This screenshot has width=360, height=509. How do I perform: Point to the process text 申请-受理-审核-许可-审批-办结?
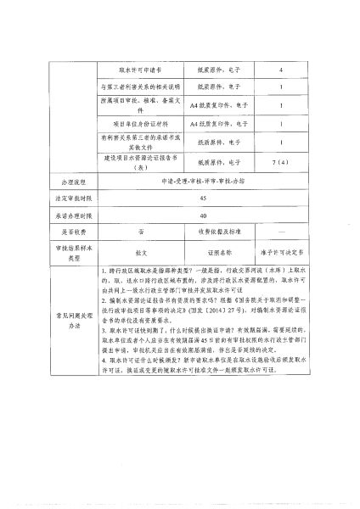[201, 182]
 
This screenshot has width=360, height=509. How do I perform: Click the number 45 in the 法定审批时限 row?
[201, 199]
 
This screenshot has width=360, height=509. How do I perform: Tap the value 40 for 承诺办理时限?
[201, 215]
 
